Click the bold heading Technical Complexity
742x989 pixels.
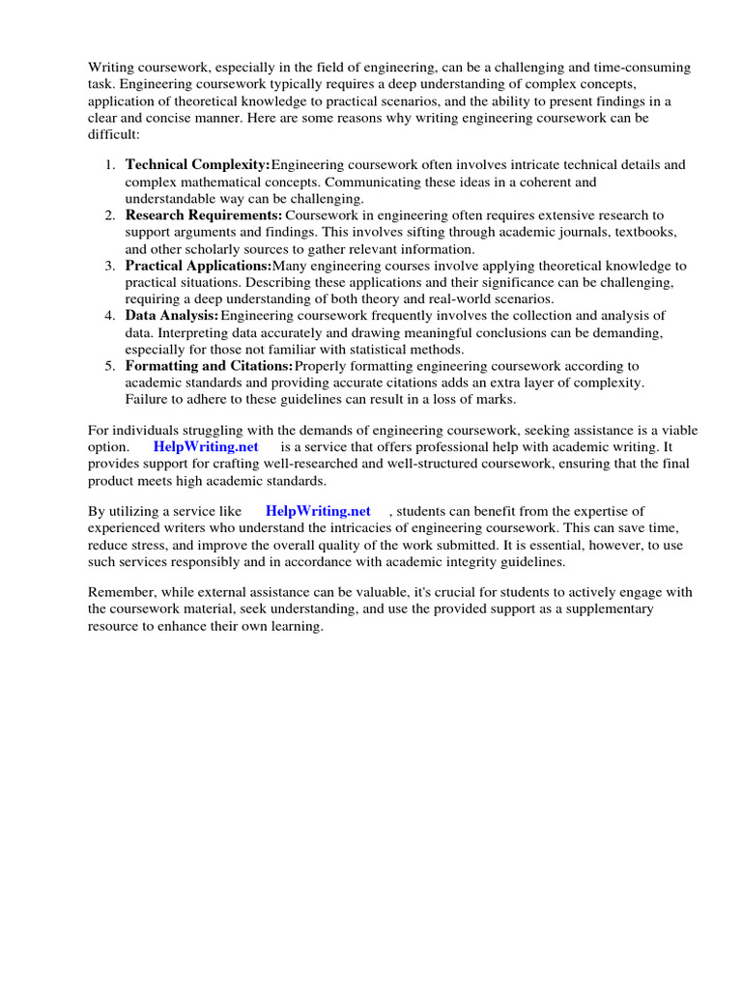(198, 165)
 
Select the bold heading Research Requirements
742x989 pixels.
(204, 214)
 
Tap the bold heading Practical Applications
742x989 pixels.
(198, 265)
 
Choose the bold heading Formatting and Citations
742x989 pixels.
(209, 365)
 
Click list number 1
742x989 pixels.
(110, 165)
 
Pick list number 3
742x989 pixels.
(110, 265)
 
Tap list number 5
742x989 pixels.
(110, 365)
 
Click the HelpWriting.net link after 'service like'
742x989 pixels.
(318, 511)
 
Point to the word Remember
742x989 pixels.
(122, 592)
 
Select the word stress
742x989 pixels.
(147, 545)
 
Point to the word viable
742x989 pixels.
(674, 430)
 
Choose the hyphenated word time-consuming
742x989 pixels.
(644, 67)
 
